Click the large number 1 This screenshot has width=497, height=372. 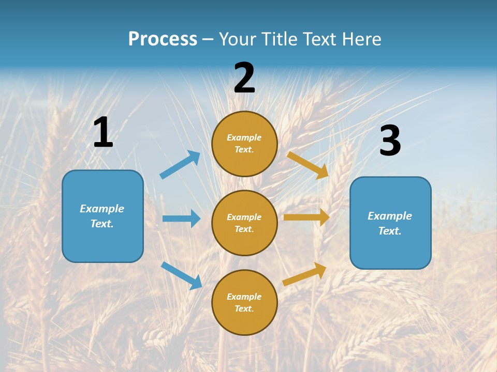click(103, 132)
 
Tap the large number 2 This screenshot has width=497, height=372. click(244, 78)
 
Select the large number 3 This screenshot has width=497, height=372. click(390, 141)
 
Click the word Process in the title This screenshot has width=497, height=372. click(163, 39)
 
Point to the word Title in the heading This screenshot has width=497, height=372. click(279, 39)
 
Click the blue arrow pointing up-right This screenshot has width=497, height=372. click(180, 165)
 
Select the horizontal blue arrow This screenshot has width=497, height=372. click(181, 219)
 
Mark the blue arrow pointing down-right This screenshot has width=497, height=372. click(181, 275)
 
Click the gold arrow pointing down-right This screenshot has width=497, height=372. click(308, 165)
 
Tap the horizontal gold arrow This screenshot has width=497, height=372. click(306, 218)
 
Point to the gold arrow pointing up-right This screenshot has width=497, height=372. click(304, 274)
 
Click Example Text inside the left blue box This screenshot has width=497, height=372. click(102, 216)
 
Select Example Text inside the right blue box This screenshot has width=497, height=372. click(390, 223)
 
